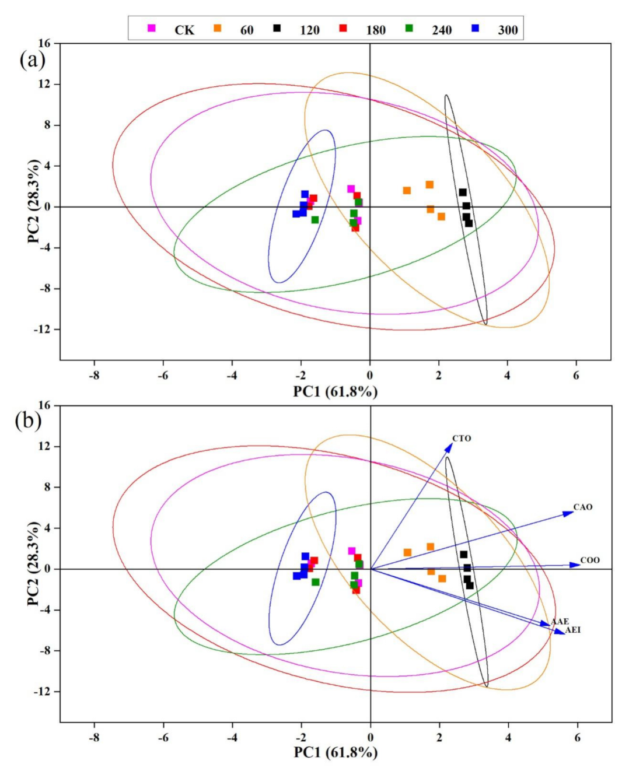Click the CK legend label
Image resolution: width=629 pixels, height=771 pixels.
[x=184, y=30]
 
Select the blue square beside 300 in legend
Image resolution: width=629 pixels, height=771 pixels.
[x=476, y=28]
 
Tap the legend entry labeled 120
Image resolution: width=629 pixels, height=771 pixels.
[x=309, y=30]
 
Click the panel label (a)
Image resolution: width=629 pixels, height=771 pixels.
[x=32, y=59]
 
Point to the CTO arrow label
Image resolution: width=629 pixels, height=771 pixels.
[x=462, y=439]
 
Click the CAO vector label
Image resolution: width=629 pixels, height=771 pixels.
[x=582, y=507]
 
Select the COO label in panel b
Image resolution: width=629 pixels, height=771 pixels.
[x=589, y=560]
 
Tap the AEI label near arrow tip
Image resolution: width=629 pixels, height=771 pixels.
[x=572, y=630]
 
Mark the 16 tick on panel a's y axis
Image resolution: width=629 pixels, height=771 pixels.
[x=46, y=43]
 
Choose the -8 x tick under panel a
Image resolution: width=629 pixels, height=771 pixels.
[x=94, y=375]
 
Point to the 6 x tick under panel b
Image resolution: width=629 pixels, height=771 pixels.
[x=578, y=738]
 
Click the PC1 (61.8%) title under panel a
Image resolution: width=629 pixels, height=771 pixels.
[x=335, y=391]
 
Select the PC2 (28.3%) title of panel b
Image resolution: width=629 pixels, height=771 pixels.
[x=33, y=563]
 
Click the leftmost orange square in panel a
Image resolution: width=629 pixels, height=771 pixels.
[x=407, y=191]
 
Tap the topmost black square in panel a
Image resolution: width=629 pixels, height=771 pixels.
[x=463, y=192]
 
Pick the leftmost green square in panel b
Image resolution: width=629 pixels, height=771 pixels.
[x=316, y=582]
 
